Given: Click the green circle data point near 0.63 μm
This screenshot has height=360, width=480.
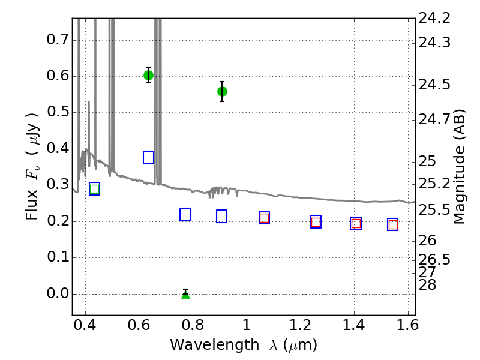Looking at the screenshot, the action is click(148, 75).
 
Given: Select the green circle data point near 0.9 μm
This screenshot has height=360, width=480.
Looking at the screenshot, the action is click(222, 91).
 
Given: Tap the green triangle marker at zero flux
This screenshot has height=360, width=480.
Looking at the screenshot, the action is click(185, 294).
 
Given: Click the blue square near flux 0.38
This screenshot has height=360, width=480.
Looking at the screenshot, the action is click(148, 157).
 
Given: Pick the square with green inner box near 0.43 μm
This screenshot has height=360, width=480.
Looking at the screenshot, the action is click(95, 188).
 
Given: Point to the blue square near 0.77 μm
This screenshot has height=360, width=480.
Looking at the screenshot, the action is click(185, 214).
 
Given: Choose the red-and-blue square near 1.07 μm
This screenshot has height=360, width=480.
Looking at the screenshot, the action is click(264, 218).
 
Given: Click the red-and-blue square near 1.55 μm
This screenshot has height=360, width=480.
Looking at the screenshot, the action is click(393, 224).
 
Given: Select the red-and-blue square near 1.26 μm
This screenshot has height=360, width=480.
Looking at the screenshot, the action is click(316, 221).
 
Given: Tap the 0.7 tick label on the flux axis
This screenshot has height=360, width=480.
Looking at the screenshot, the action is click(58, 40).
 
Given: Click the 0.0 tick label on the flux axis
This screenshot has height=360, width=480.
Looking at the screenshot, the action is click(58, 293).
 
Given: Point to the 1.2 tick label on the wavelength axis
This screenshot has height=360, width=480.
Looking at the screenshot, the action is click(301, 325).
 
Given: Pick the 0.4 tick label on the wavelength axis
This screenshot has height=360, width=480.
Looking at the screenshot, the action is click(85, 325).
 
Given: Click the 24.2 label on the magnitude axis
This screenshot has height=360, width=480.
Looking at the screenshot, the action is click(434, 19).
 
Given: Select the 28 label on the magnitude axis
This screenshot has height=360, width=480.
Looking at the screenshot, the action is click(427, 284).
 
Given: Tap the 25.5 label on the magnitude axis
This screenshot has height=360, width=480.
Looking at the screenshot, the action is click(434, 210).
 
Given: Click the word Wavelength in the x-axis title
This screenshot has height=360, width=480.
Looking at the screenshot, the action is click(215, 345).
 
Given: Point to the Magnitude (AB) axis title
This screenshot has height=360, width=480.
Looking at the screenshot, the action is click(459, 167).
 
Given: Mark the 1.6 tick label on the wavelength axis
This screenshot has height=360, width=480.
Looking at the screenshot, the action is click(408, 325).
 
